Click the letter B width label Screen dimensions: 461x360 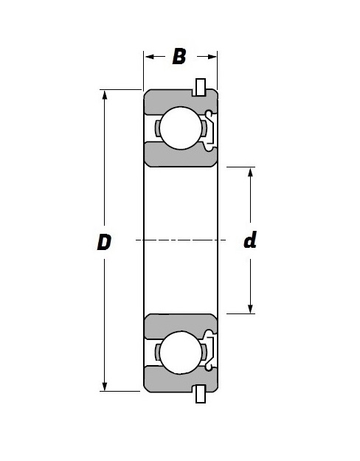pyautogui.click(x=179, y=57)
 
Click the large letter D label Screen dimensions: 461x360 pyautogui.click(x=104, y=242)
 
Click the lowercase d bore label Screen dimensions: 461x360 pyautogui.click(x=250, y=240)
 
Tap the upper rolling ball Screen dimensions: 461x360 pyautogui.click(x=181, y=128)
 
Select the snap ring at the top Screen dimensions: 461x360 pyautogui.click(x=198, y=86)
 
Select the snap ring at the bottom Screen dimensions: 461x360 pyautogui.click(x=198, y=395)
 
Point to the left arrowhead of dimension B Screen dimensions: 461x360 pyautogui.click(x=148, y=57)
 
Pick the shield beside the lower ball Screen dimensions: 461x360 pyautogui.click(x=210, y=352)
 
